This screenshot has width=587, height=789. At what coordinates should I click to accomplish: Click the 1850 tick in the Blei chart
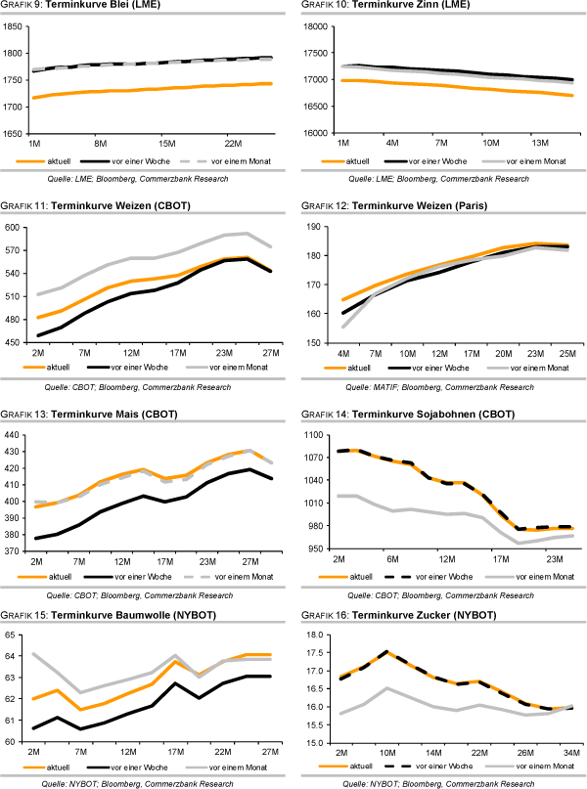pos(13,27)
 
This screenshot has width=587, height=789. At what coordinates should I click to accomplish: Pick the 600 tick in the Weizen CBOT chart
pos(15,228)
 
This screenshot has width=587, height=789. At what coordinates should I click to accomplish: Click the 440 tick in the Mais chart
pos(15,435)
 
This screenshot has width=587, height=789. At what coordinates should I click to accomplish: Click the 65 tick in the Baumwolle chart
pos(17,636)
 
